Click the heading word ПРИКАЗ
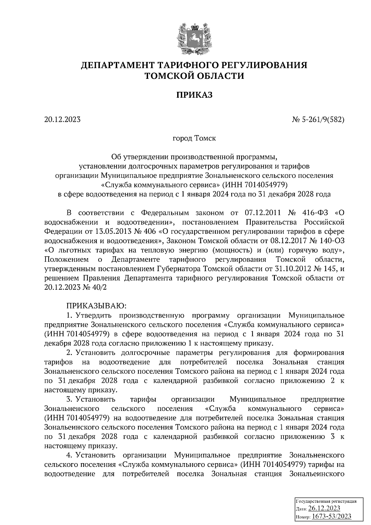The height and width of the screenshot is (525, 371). tap(194, 95)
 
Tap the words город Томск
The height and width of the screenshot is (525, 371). tap(194, 138)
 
